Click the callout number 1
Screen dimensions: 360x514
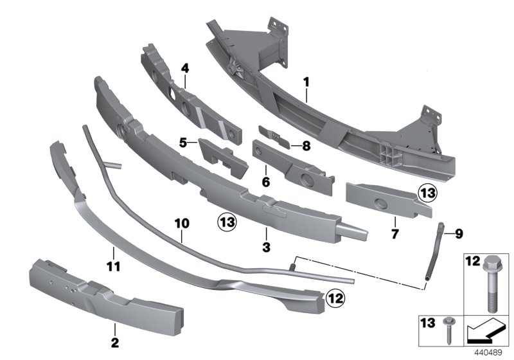pyautogui.click(x=306, y=82)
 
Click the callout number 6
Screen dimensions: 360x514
pyautogui.click(x=265, y=183)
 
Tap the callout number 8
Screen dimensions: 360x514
pyautogui.click(x=306, y=146)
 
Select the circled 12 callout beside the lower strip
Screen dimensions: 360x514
pyautogui.click(x=335, y=297)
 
